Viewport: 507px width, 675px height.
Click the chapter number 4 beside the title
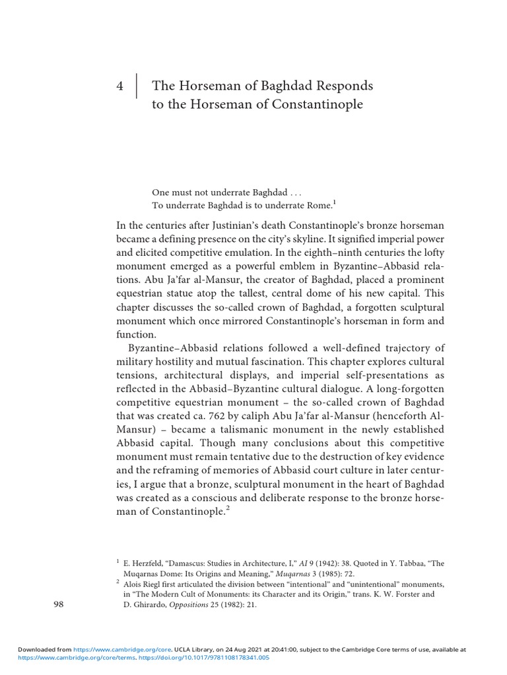point(119,86)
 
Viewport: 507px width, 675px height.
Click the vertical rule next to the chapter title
point(137,86)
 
